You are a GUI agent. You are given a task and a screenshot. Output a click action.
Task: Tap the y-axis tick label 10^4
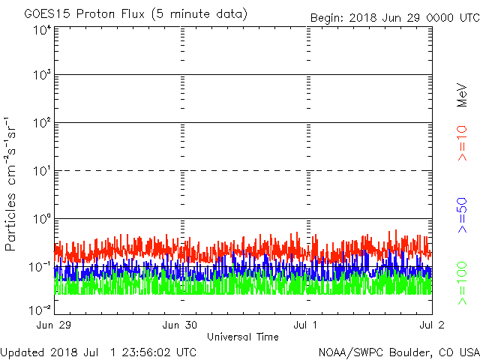pyautogui.click(x=41, y=30)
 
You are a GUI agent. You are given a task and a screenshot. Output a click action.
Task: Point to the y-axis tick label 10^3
pyautogui.click(x=41, y=75)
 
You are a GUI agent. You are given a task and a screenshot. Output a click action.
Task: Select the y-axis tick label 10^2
pyautogui.click(x=41, y=122)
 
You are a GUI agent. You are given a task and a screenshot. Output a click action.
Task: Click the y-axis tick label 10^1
pyautogui.click(x=41, y=170)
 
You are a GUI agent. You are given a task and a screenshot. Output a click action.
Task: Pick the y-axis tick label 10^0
pyautogui.click(x=41, y=218)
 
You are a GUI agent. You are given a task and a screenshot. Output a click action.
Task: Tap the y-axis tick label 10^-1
pyautogui.click(x=40, y=265)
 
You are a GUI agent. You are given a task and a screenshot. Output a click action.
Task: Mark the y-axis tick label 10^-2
pyautogui.click(x=40, y=309)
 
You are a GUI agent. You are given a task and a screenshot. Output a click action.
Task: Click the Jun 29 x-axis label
pyautogui.click(x=54, y=326)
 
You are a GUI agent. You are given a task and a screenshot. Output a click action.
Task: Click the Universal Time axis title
pyautogui.click(x=242, y=337)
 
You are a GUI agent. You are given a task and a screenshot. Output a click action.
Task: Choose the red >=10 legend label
pyautogui.click(x=462, y=143)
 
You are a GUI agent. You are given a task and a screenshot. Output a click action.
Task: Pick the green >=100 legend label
pyautogui.click(x=462, y=283)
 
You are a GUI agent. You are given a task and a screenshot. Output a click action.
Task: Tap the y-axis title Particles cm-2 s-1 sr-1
pyautogui.click(x=12, y=184)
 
